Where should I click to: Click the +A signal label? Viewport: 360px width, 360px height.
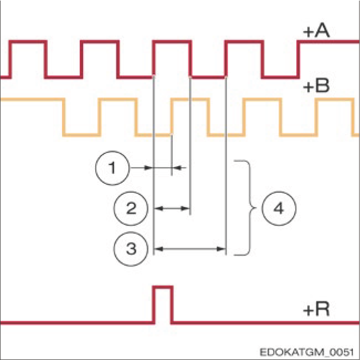[x=316, y=32]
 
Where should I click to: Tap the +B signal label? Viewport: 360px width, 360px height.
[x=316, y=86]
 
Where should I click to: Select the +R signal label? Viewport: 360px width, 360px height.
[x=316, y=308]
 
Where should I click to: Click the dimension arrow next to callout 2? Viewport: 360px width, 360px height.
[x=172, y=209]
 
